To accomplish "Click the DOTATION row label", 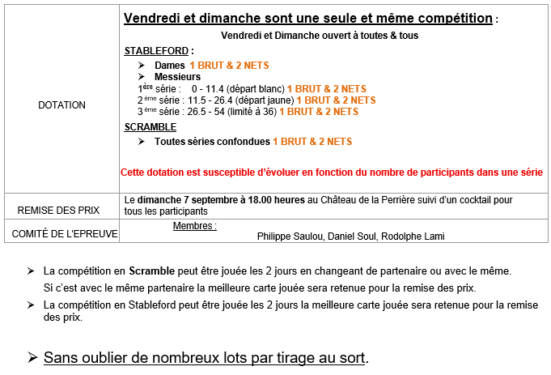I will (61, 105).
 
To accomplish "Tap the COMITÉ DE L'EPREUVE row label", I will (61, 234).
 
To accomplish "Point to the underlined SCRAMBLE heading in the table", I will (150, 127).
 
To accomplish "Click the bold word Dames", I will (170, 65).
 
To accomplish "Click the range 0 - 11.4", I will (207, 88).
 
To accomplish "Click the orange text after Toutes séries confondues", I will (312, 142).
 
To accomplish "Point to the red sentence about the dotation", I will (331, 173).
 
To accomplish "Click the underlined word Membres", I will (194, 225).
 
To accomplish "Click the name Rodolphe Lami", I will (414, 237).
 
